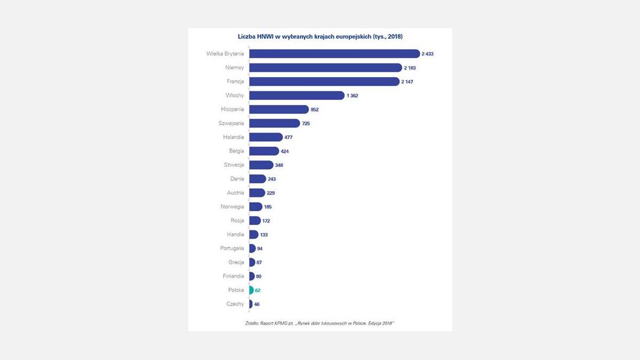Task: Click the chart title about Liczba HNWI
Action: [319, 37]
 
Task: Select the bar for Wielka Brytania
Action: [334, 54]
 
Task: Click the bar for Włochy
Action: [297, 95]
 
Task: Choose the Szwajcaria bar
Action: [274, 123]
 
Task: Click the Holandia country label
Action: [233, 137]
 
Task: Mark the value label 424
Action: [284, 151]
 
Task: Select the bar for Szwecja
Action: [261, 165]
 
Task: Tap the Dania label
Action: [237, 179]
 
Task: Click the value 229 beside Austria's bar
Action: [271, 193]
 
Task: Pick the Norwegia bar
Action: [255, 207]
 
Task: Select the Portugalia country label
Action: [232, 249]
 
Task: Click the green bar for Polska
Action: [251, 290]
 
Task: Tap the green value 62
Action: [258, 290]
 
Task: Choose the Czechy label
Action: [235, 304]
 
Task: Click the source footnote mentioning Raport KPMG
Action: [319, 323]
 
